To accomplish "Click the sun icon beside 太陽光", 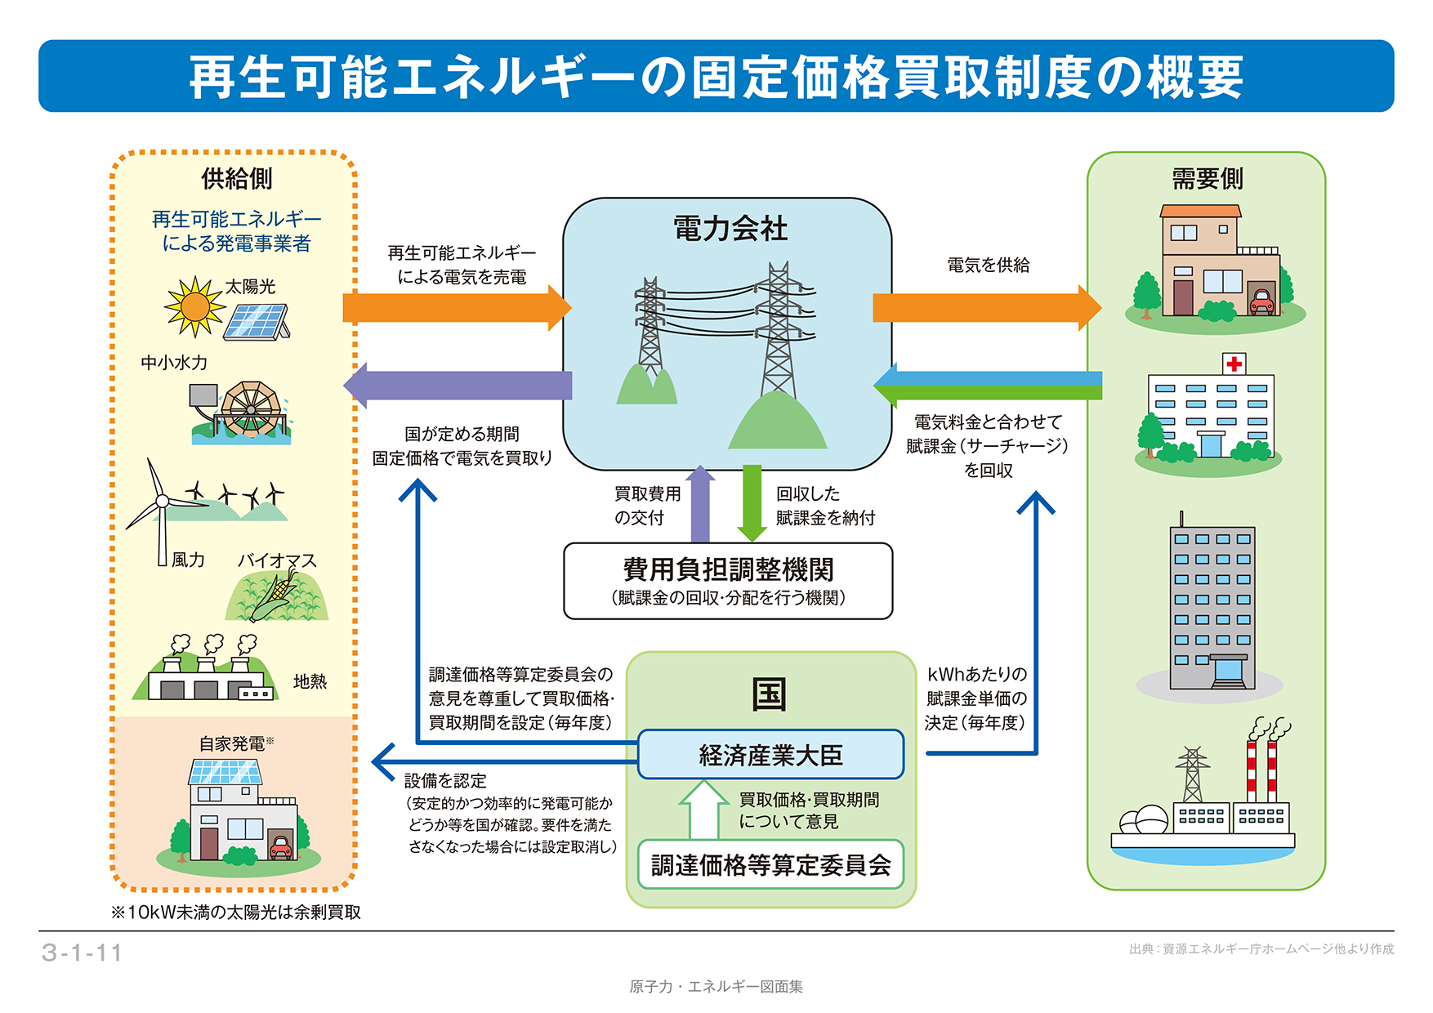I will tap(194, 307).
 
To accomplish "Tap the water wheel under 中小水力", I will tap(251, 408).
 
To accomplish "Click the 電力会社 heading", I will tap(730, 229).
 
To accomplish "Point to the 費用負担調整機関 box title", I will tap(728, 569).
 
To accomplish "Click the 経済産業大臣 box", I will tap(770, 755).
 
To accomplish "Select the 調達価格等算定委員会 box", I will tap(770, 865).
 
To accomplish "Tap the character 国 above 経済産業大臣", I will tap(769, 694).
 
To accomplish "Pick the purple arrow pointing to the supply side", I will tap(458, 385).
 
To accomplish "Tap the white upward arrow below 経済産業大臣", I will tap(703, 809).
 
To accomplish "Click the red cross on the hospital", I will tap(1234, 364).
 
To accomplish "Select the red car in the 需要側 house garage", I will tap(1262, 302).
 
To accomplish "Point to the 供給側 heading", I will tap(236, 178).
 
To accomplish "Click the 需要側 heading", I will tap(1207, 178).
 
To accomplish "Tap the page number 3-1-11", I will tap(82, 953).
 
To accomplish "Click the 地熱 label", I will tap(310, 681).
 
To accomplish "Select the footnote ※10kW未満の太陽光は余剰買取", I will tap(236, 913).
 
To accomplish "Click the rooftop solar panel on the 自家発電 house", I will tap(225, 771).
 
